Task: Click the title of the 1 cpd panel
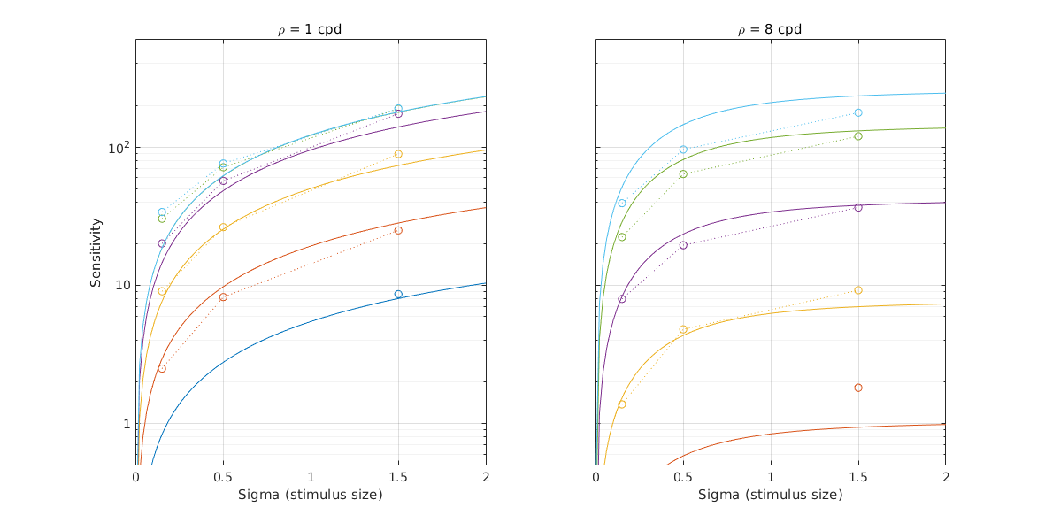(310, 29)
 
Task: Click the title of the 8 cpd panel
(770, 29)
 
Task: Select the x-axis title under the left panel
(310, 495)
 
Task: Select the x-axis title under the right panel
(770, 495)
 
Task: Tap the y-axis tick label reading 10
(120, 285)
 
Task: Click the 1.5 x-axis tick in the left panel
(398, 477)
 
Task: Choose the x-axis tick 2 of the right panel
(945, 477)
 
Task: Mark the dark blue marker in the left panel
(398, 294)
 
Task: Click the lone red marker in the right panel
(858, 388)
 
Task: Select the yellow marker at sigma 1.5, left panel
(398, 154)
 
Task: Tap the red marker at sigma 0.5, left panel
(223, 296)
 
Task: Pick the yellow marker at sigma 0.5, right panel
(683, 329)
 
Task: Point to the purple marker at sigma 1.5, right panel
(858, 207)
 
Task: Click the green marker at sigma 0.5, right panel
(683, 173)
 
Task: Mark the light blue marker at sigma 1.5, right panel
(858, 112)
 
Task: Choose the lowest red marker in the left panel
(162, 368)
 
